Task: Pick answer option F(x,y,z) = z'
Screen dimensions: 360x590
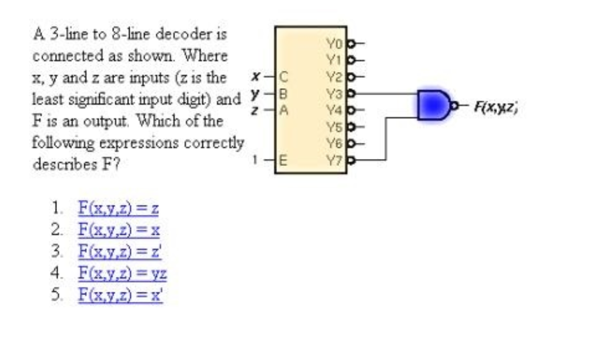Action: coord(119,252)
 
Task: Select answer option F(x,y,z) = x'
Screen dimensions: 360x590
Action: coord(120,295)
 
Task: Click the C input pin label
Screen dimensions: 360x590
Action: coord(283,74)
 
